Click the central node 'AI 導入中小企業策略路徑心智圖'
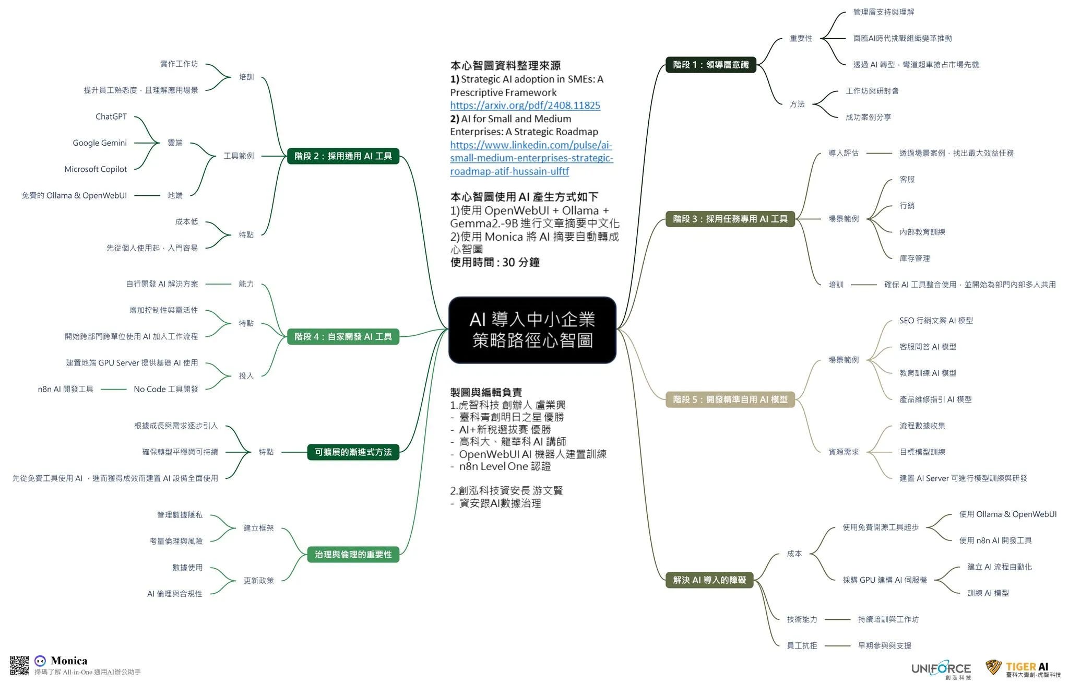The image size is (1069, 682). (532, 330)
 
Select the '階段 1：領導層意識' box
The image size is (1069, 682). (710, 65)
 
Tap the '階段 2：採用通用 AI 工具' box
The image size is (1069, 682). (343, 156)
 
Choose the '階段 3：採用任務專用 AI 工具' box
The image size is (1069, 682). (730, 219)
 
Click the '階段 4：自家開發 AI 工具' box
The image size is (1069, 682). (343, 337)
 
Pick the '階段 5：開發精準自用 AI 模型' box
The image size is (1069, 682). (730, 399)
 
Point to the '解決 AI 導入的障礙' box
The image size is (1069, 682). (709, 580)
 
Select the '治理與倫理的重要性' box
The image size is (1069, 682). (353, 555)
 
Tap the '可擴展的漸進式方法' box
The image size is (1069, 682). (353, 452)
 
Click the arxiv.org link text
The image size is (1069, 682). (525, 105)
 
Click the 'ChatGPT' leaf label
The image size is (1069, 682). (111, 116)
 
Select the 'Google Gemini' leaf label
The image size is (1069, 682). (100, 143)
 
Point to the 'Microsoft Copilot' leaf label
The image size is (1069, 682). (96, 169)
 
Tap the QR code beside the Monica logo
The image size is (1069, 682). (19, 665)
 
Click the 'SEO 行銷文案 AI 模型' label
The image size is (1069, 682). (936, 321)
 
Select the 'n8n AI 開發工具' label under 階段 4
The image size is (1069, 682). (66, 389)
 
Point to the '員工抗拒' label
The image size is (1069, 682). (802, 646)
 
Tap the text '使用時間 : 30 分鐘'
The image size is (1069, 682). (495, 262)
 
